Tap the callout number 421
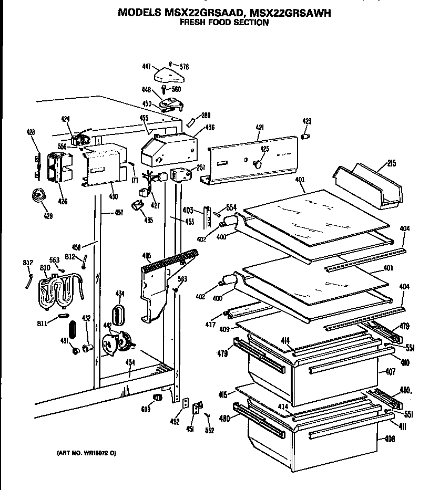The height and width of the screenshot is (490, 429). point(260,127)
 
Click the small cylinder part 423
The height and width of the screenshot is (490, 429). point(305,136)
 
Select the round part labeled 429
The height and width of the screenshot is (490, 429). point(38,196)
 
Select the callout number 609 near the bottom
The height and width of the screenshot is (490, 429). point(146,409)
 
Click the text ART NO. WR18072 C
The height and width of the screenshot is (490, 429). point(86,452)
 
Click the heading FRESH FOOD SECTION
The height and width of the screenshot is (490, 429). point(223,23)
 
